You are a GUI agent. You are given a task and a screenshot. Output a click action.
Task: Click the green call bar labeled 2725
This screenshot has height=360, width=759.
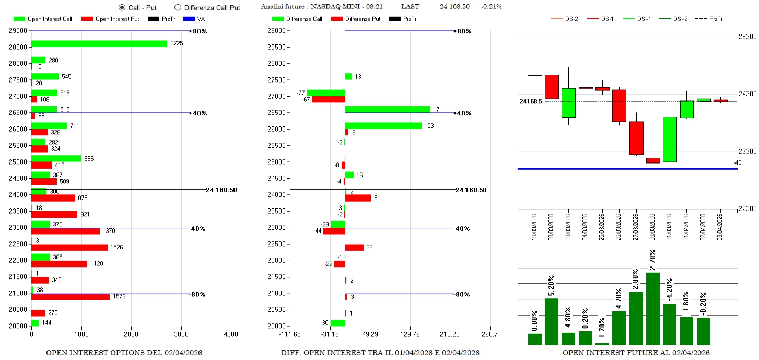click(x=99, y=44)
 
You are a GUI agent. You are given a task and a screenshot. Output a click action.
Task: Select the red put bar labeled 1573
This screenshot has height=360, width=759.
click(x=71, y=297)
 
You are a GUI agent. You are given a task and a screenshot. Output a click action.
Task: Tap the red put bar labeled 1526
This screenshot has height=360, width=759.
click(x=69, y=247)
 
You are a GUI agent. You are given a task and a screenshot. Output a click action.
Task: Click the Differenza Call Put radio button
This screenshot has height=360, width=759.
click(x=178, y=8)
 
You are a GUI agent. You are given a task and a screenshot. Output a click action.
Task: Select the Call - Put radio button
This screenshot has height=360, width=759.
click(x=122, y=8)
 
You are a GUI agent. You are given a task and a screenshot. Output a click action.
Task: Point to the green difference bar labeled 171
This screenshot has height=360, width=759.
click(x=388, y=109)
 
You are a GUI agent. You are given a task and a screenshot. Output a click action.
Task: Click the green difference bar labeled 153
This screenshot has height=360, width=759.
click(x=383, y=126)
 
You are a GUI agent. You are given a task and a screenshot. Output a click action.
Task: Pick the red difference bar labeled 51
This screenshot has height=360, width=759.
click(x=358, y=198)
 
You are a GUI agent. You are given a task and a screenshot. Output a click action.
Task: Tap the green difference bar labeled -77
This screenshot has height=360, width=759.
click(x=326, y=93)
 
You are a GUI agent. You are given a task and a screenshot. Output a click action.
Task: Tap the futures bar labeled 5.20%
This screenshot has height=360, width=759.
click(x=552, y=321)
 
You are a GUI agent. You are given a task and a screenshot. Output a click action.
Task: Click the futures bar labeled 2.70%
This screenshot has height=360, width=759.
click(x=653, y=308)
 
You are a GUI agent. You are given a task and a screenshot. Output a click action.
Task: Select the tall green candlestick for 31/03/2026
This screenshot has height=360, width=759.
click(x=670, y=139)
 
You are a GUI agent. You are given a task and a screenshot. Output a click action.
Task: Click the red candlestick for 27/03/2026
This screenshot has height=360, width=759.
click(x=636, y=138)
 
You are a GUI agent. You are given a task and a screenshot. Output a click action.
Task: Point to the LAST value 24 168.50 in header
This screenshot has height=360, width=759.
click(x=454, y=7)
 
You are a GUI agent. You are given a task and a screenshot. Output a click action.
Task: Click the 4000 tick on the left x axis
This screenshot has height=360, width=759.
click(x=231, y=334)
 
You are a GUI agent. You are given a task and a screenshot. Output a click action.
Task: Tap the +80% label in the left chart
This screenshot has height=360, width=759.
click(x=199, y=31)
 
